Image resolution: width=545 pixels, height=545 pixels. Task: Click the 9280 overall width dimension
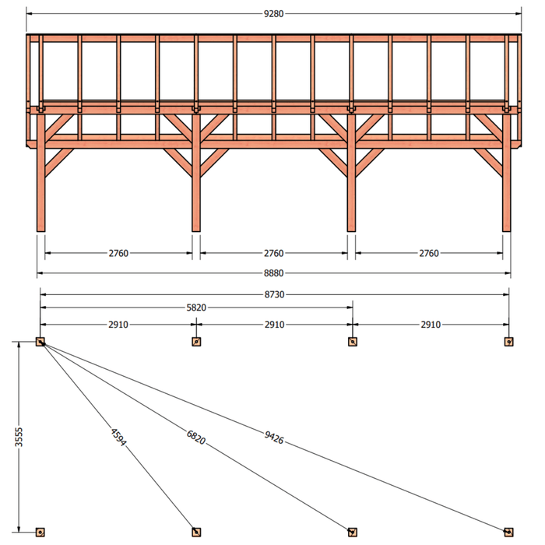pos(274,14)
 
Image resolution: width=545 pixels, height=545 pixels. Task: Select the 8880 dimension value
pos(274,273)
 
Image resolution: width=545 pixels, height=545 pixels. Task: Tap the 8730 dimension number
pos(275,295)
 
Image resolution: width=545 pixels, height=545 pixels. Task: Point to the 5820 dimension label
pos(196,308)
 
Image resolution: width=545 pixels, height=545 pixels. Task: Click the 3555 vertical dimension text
pos(19,438)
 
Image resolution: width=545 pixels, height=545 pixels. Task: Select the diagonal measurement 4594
pos(118,438)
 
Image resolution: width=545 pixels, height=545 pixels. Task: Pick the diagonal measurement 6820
pos(196,438)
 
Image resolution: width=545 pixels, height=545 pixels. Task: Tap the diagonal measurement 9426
pos(274,438)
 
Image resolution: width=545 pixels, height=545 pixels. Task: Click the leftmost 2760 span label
pos(118,253)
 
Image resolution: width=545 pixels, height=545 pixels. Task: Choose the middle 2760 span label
pos(274,253)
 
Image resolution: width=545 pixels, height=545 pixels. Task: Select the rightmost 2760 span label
pos(429,253)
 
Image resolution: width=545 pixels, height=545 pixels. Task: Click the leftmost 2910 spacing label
pos(118,325)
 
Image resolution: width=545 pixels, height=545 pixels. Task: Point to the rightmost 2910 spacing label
pos(431,325)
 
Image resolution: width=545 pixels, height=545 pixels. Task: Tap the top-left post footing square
pos(40,342)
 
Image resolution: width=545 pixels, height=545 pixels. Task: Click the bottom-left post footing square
pos(40,532)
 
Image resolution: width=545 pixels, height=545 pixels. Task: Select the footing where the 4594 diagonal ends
pos(196,532)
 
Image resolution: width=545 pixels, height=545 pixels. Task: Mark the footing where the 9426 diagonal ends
pos(509,532)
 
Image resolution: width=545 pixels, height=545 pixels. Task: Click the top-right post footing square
pos(509,342)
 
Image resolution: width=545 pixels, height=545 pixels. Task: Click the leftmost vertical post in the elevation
pos(41,172)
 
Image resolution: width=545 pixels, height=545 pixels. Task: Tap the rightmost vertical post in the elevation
pos(507,172)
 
